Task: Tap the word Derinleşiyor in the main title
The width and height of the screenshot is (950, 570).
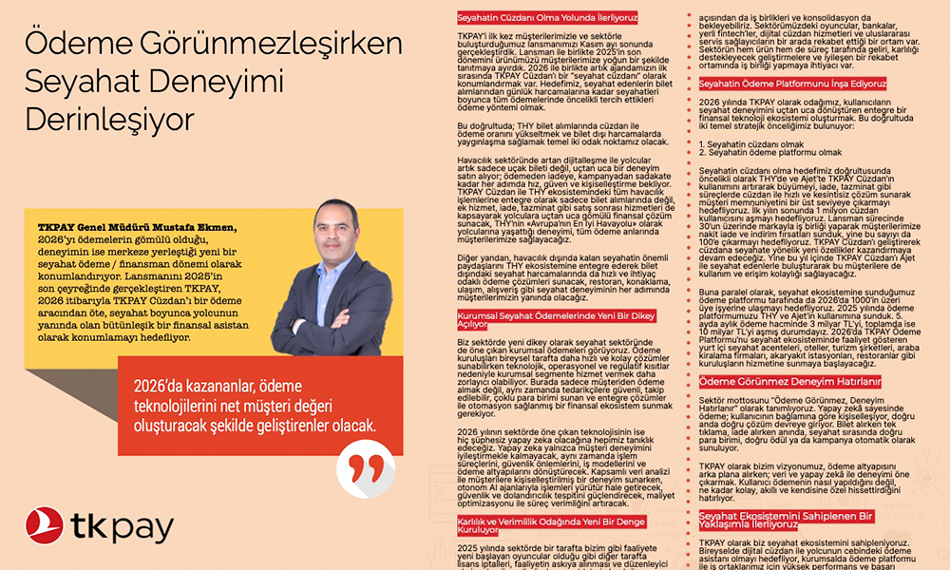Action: click(x=108, y=121)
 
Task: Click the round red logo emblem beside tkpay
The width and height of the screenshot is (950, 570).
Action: click(x=45, y=526)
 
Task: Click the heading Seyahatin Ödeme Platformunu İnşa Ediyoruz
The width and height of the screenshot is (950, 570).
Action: click(x=778, y=85)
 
